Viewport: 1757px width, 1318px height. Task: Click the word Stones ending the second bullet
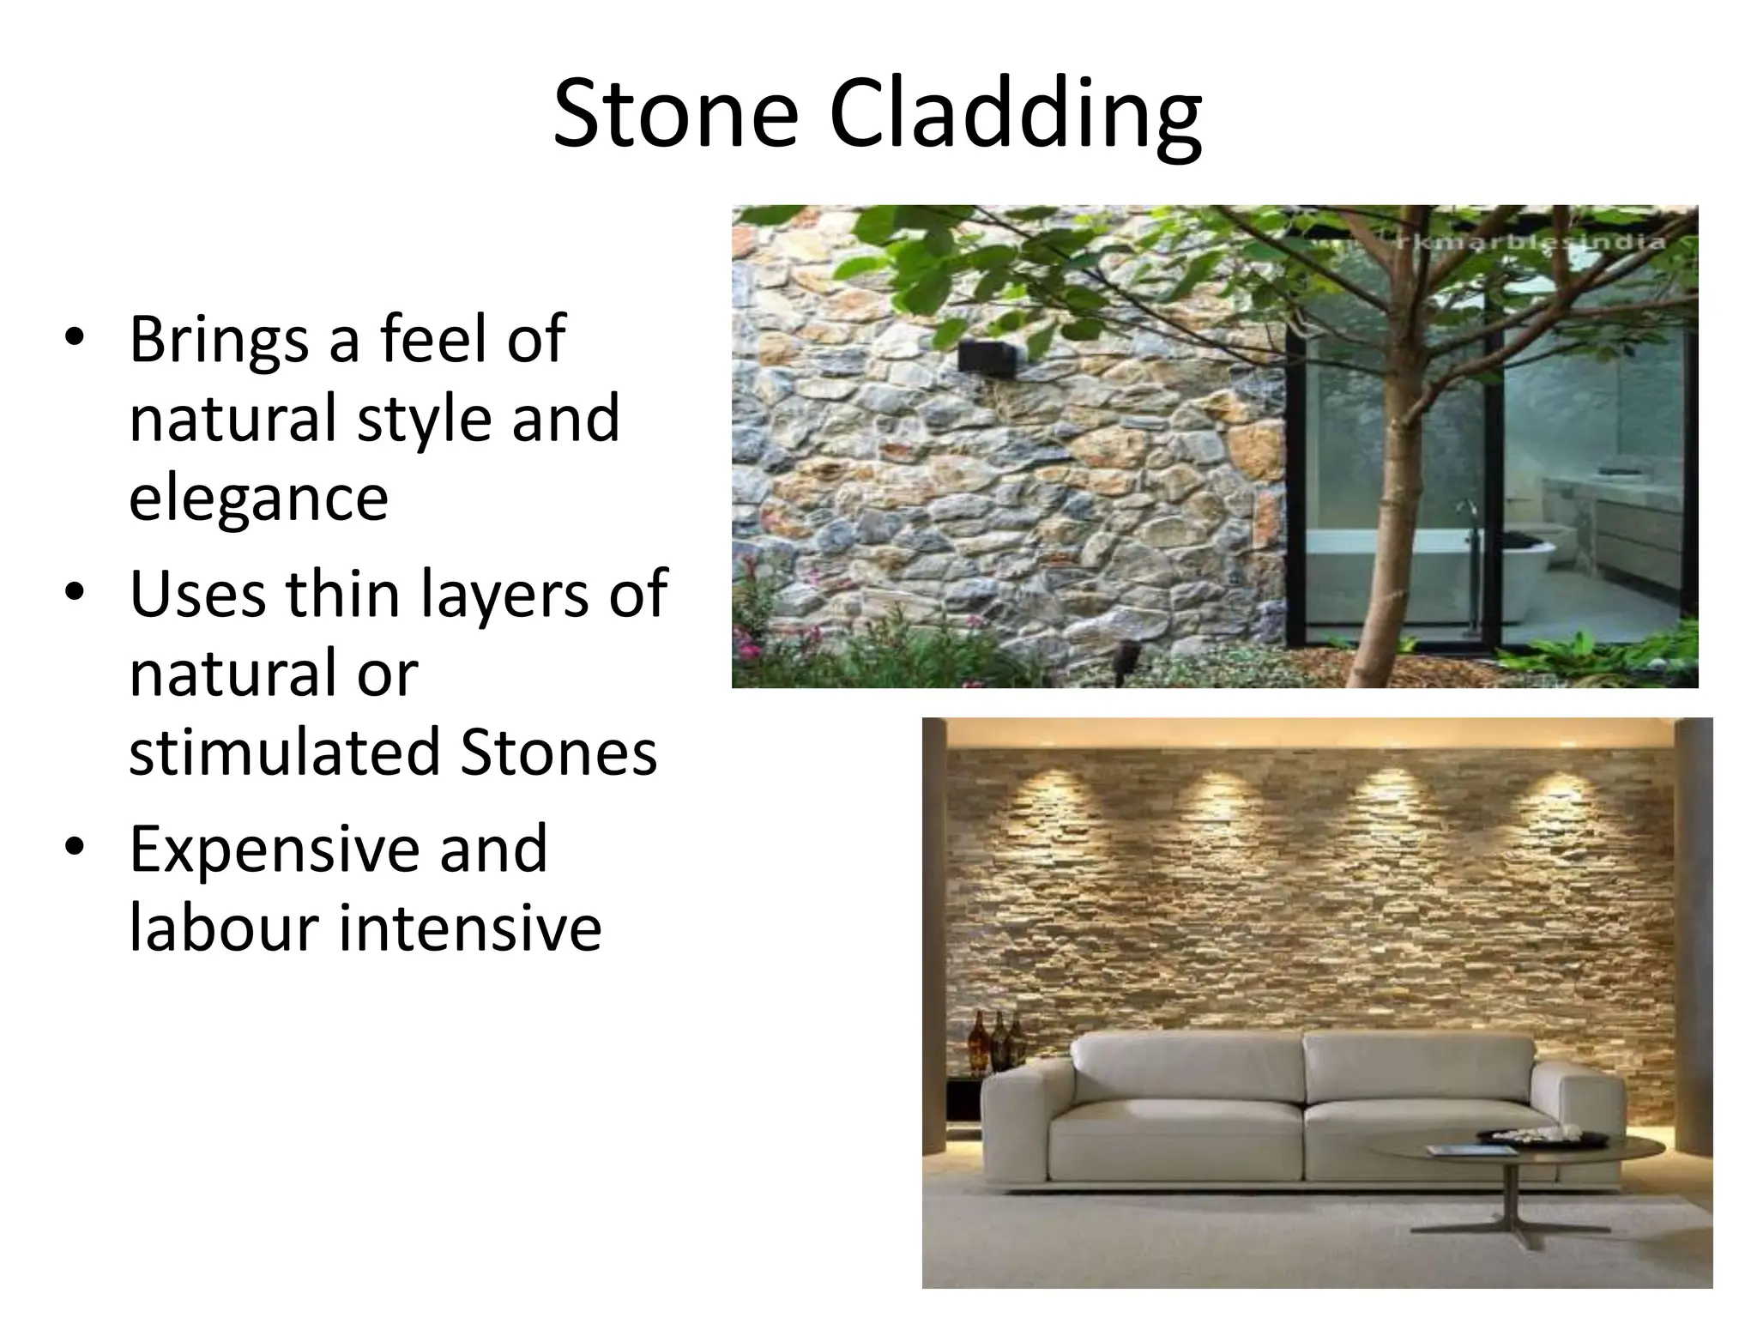tap(558, 751)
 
